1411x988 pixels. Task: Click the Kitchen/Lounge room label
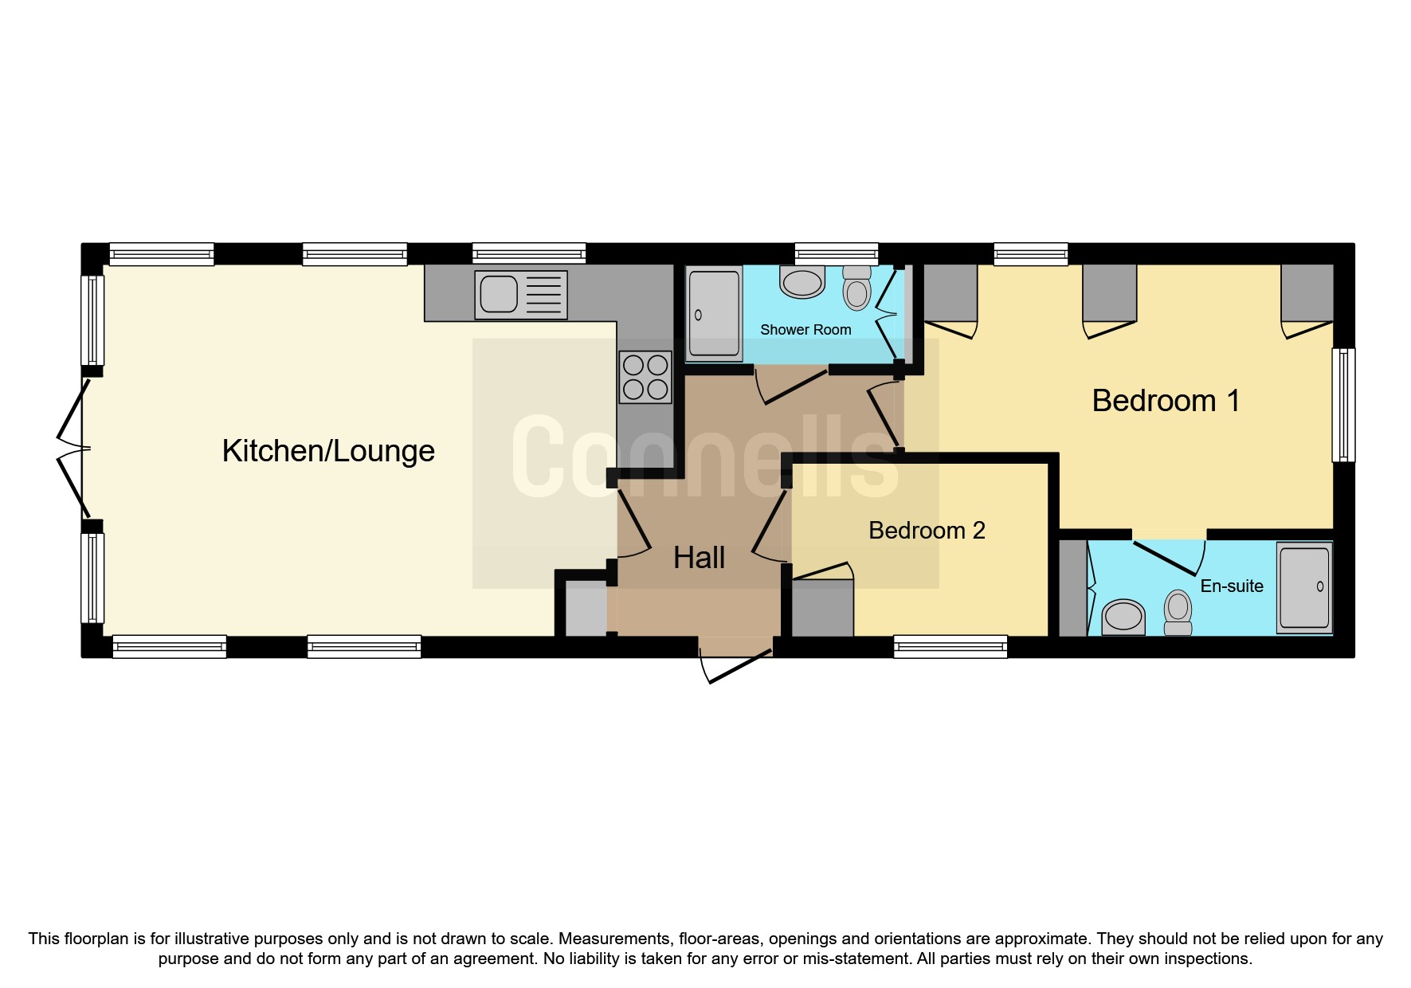[x=328, y=451]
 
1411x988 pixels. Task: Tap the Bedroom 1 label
[x=1166, y=401]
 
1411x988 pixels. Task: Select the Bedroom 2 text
[x=927, y=531]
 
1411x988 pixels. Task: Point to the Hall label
[x=699, y=558]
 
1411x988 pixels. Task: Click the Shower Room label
[x=805, y=330]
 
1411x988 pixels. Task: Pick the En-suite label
[x=1232, y=586]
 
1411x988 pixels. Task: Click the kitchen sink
[x=521, y=295]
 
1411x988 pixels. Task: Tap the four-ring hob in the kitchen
[x=645, y=377]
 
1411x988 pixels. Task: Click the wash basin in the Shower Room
[x=802, y=283]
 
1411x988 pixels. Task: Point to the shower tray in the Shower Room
[x=714, y=313]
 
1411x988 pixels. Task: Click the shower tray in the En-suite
[x=1304, y=588]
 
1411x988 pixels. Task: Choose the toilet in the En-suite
[x=1178, y=612]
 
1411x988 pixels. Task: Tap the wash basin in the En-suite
[x=1124, y=617]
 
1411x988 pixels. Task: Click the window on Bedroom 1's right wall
[x=1343, y=405]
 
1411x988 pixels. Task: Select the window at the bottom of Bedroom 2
[x=950, y=646]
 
